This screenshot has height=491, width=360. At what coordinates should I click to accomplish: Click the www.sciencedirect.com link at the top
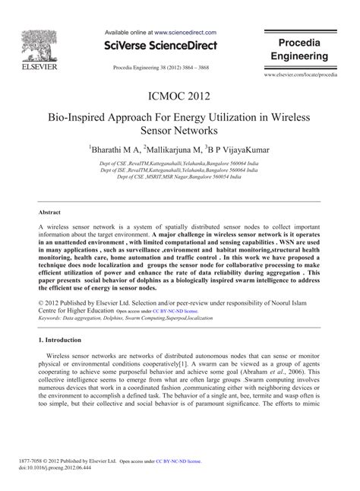(x=187, y=33)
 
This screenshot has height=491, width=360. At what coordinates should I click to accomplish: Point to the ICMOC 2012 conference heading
(x=179, y=98)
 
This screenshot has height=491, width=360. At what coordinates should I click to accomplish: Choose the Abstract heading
(x=50, y=213)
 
